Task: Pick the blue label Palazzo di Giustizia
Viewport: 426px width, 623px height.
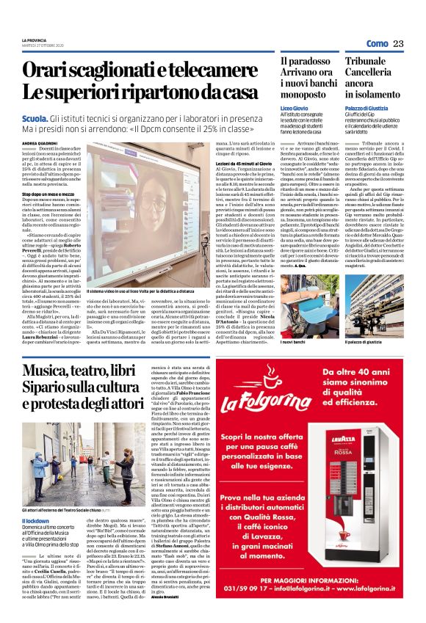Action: (369, 108)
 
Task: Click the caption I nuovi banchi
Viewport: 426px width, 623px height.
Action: (293, 343)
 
